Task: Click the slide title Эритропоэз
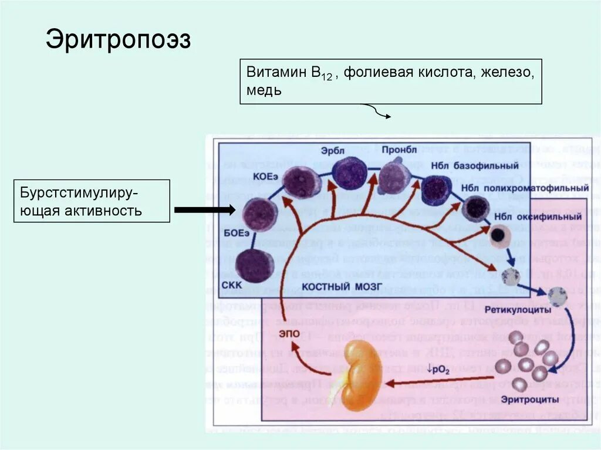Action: pyautogui.click(x=119, y=40)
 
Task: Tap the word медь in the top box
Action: pyautogui.click(x=264, y=91)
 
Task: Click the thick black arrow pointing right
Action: pyautogui.click(x=205, y=209)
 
